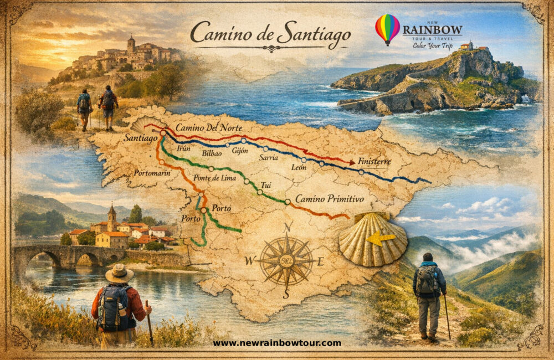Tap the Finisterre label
(374, 161)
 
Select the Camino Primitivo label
(329, 198)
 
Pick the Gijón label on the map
(240, 150)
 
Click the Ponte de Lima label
(214, 178)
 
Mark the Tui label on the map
(266, 185)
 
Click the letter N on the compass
(288, 227)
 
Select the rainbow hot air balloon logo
(387, 28)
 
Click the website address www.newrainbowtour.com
(277, 343)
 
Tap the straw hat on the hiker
(120, 272)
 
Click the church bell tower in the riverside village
(112, 217)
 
